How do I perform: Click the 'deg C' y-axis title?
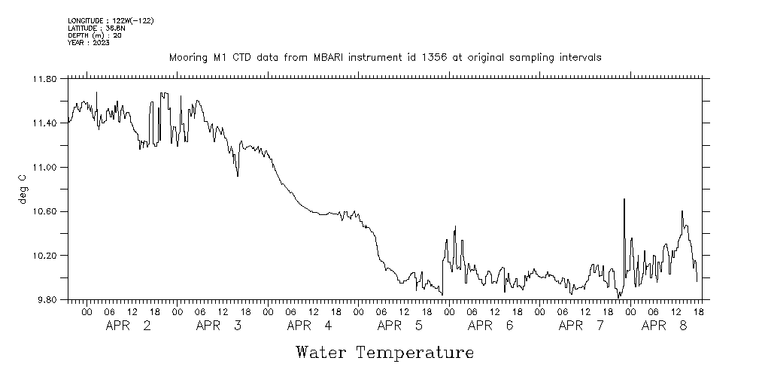click(x=23, y=189)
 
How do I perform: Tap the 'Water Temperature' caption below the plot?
click(x=384, y=352)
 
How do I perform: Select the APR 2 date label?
click(x=129, y=326)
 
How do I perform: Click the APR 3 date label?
click(x=219, y=326)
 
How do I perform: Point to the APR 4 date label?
click(x=310, y=326)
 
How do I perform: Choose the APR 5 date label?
click(x=400, y=326)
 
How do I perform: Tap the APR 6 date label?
click(x=490, y=326)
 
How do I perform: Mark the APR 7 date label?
click(x=581, y=326)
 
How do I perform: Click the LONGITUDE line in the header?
click(x=111, y=20)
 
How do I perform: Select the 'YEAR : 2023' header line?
click(x=89, y=43)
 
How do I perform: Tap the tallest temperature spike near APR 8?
click(x=624, y=199)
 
